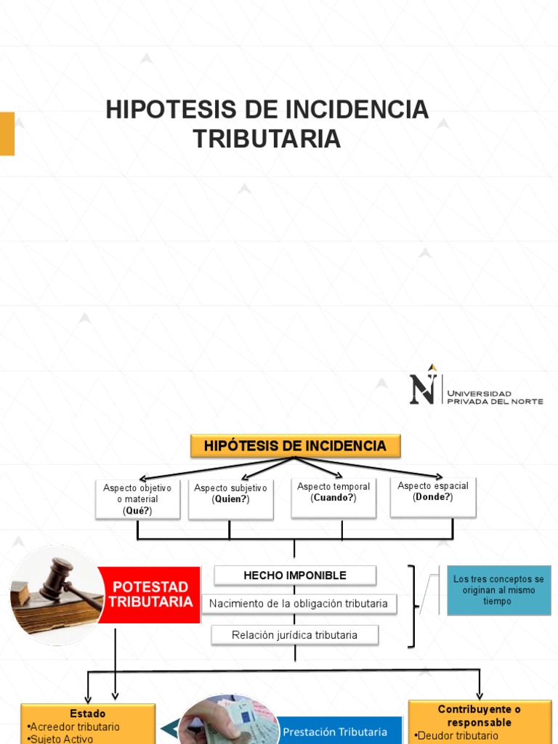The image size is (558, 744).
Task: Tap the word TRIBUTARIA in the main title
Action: pos(267,138)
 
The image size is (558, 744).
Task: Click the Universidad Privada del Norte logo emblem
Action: pos(424,385)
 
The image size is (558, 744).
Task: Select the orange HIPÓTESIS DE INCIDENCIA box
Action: pos(295,445)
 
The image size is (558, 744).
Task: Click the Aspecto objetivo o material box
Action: pos(137,499)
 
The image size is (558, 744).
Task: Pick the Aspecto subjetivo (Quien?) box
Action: pos(230,498)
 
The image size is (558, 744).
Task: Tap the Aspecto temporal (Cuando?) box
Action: pos(333,497)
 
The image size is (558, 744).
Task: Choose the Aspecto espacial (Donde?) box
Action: pos(433,496)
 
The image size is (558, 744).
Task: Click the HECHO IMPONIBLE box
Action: pos(294,575)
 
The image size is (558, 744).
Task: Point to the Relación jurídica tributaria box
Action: pos(294,635)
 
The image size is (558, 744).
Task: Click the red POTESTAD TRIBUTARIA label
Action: pos(150,594)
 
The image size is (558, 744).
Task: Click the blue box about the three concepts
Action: pos(498,590)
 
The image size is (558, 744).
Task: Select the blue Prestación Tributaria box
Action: pos(335,731)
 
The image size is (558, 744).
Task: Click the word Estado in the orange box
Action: pos(87,713)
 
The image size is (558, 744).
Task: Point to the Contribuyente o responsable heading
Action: pos(480,715)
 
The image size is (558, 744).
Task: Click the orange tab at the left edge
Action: pos(7,133)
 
